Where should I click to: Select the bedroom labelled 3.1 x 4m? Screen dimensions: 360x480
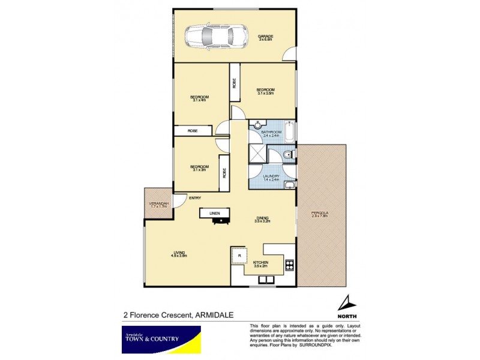[x=199, y=98]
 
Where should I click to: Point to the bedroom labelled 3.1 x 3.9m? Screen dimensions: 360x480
[x=266, y=91]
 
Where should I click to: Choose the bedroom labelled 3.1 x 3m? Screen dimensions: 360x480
[x=199, y=167]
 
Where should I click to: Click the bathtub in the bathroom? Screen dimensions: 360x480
[x=289, y=131]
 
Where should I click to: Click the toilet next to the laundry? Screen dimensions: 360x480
[x=288, y=155]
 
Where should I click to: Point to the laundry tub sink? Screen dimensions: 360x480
[x=289, y=184]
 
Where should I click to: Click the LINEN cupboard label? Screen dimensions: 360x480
[x=214, y=213]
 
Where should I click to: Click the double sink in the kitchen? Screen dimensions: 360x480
[x=265, y=278]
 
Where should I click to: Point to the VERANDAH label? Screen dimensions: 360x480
[x=158, y=205]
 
